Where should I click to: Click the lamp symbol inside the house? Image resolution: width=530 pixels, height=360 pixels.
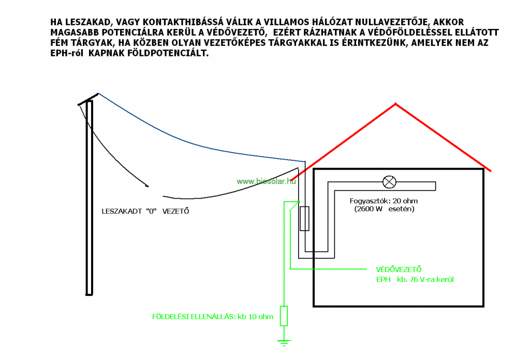click(x=389, y=182)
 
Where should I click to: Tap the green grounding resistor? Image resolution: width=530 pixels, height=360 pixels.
click(x=284, y=316)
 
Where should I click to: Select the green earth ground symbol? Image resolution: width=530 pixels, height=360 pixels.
click(x=284, y=342)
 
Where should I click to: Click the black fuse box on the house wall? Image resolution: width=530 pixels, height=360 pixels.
click(x=304, y=218)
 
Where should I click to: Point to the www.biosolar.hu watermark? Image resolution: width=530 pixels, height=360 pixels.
click(x=266, y=182)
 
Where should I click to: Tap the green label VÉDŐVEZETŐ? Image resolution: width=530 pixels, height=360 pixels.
click(x=399, y=269)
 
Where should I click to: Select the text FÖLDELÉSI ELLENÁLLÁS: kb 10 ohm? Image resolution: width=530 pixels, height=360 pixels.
click(x=213, y=317)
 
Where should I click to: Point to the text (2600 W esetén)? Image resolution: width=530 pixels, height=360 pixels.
click(x=384, y=209)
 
